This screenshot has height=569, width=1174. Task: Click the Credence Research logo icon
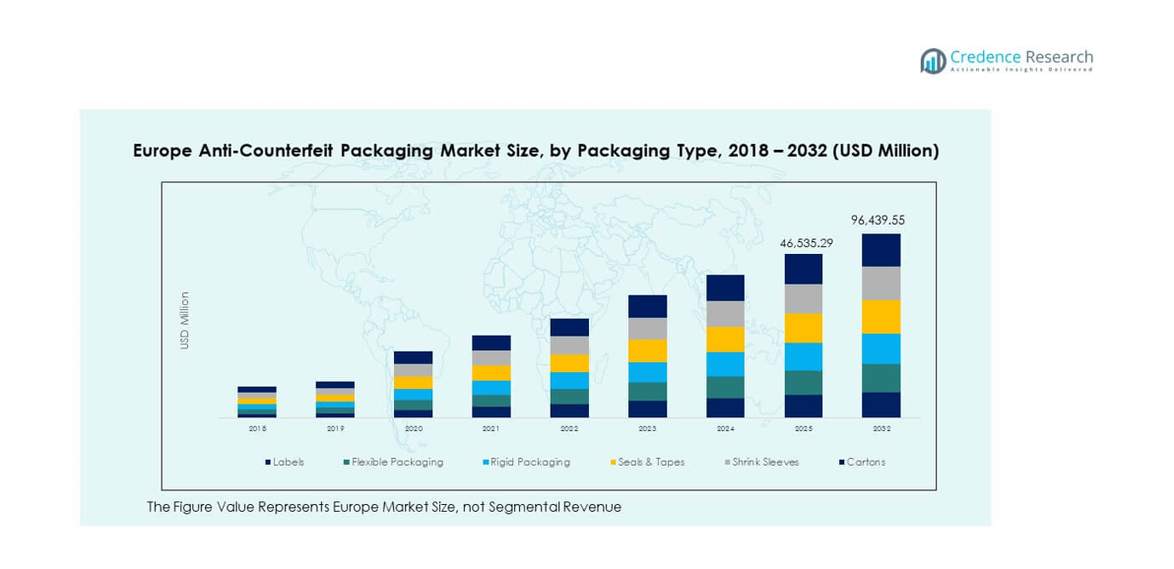[933, 61]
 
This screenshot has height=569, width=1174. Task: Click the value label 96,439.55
[877, 221]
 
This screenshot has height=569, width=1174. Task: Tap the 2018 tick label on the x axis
[257, 428]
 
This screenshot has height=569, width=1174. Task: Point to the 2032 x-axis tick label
[881, 428]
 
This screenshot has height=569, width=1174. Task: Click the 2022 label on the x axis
[569, 428]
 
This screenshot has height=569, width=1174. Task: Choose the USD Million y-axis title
[184, 320]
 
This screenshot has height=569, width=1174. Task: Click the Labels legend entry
[285, 462]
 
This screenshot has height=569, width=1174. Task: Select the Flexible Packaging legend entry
[393, 462]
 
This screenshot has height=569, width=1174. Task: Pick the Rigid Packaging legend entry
[526, 462]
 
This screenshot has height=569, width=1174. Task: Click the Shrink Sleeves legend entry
[764, 462]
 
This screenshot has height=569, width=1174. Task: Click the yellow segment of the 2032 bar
[881, 317]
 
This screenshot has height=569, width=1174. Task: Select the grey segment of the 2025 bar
[804, 298]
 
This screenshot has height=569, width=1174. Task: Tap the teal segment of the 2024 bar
[726, 387]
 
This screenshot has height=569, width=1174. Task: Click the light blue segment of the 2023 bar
[647, 372]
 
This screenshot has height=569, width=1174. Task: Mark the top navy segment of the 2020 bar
[414, 357]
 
